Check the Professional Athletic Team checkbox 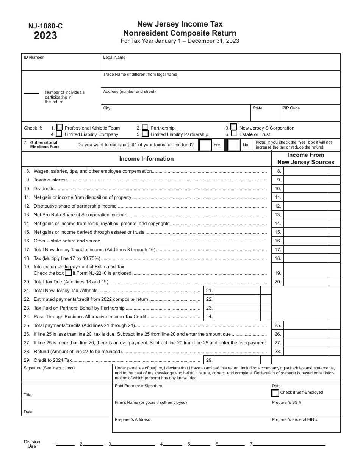point(59,128)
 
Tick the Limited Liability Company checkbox point(59,134)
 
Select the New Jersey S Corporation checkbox point(234,127)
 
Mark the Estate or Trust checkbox point(234,133)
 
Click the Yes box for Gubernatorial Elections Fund point(205,145)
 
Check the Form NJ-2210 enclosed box point(68,273)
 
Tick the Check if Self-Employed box point(275,393)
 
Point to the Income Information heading point(146,159)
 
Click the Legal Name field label point(114,58)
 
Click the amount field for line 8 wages point(306,171)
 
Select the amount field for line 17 point(306,250)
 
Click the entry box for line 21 point(238,291)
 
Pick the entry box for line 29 point(238,360)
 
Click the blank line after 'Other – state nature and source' point(136,241)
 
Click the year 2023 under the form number point(45,36)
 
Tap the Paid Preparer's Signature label point(138,386)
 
